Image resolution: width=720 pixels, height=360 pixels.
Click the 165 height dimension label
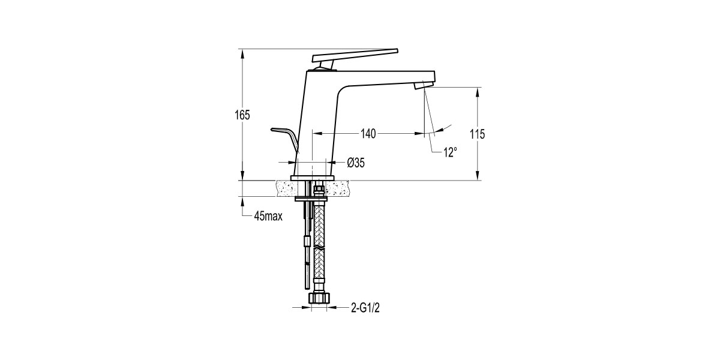point(242,115)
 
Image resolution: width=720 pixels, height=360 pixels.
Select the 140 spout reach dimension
point(368,134)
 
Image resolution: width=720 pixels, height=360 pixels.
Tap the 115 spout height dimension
point(478,134)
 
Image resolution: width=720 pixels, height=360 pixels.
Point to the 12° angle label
point(450,153)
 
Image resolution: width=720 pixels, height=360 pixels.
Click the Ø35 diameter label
point(356,162)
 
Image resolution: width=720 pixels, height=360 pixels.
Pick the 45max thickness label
point(268,216)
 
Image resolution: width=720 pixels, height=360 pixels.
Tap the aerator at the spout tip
point(422,86)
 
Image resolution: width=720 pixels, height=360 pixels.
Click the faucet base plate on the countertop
point(312,178)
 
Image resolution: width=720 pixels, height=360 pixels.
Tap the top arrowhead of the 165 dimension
point(242,53)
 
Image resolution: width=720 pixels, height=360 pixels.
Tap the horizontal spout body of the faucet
point(384,78)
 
